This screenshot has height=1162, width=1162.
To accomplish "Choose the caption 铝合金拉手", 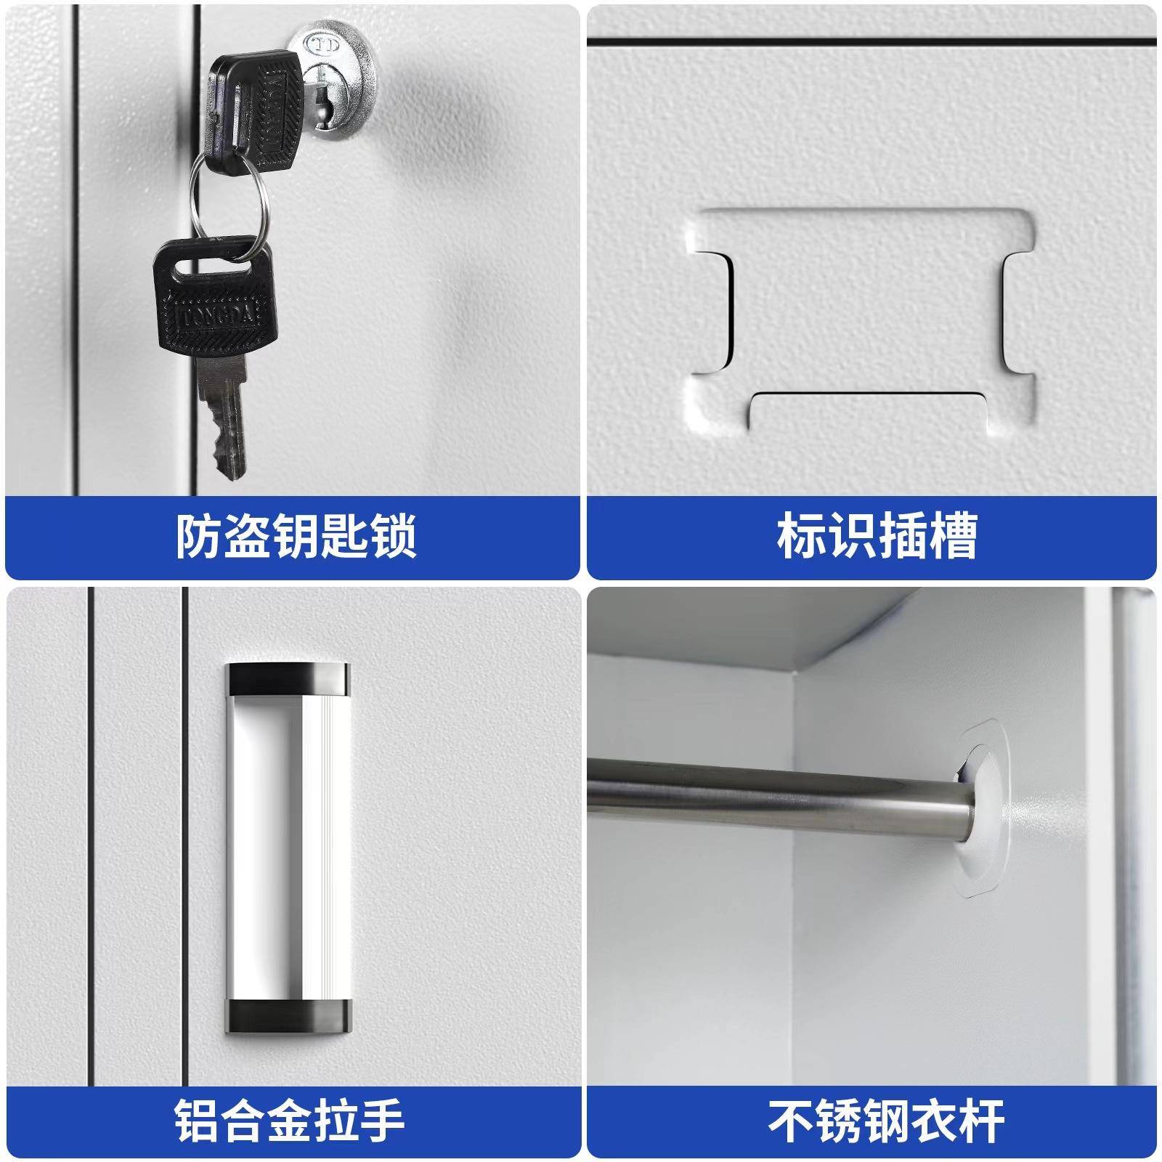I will tap(290, 1121).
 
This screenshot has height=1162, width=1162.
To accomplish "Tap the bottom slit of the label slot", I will tap(868, 396).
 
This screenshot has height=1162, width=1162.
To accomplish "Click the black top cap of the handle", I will tap(288, 678).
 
